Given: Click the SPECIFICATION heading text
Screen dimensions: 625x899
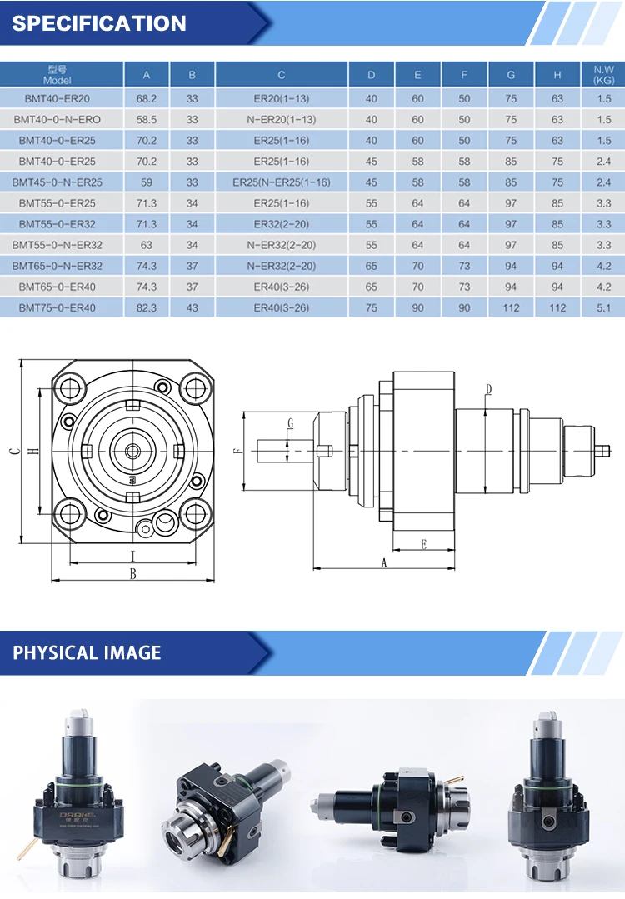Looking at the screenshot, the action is point(99,23).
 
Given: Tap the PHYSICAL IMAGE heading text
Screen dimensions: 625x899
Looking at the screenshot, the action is point(87,652).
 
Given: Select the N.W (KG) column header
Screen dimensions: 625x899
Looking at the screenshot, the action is point(604,75).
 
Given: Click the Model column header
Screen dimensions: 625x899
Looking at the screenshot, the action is point(57,75).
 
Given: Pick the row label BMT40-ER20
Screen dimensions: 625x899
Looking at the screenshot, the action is point(57,98).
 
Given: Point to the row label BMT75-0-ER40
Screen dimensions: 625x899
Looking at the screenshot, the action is point(57,308).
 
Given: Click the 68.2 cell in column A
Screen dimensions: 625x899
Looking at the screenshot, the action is point(146,98).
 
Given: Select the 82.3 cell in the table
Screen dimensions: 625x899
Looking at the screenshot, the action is point(146,308).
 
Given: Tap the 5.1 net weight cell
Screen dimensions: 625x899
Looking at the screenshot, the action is point(604,308).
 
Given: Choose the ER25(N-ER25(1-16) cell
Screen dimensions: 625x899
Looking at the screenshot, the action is point(282,182).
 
